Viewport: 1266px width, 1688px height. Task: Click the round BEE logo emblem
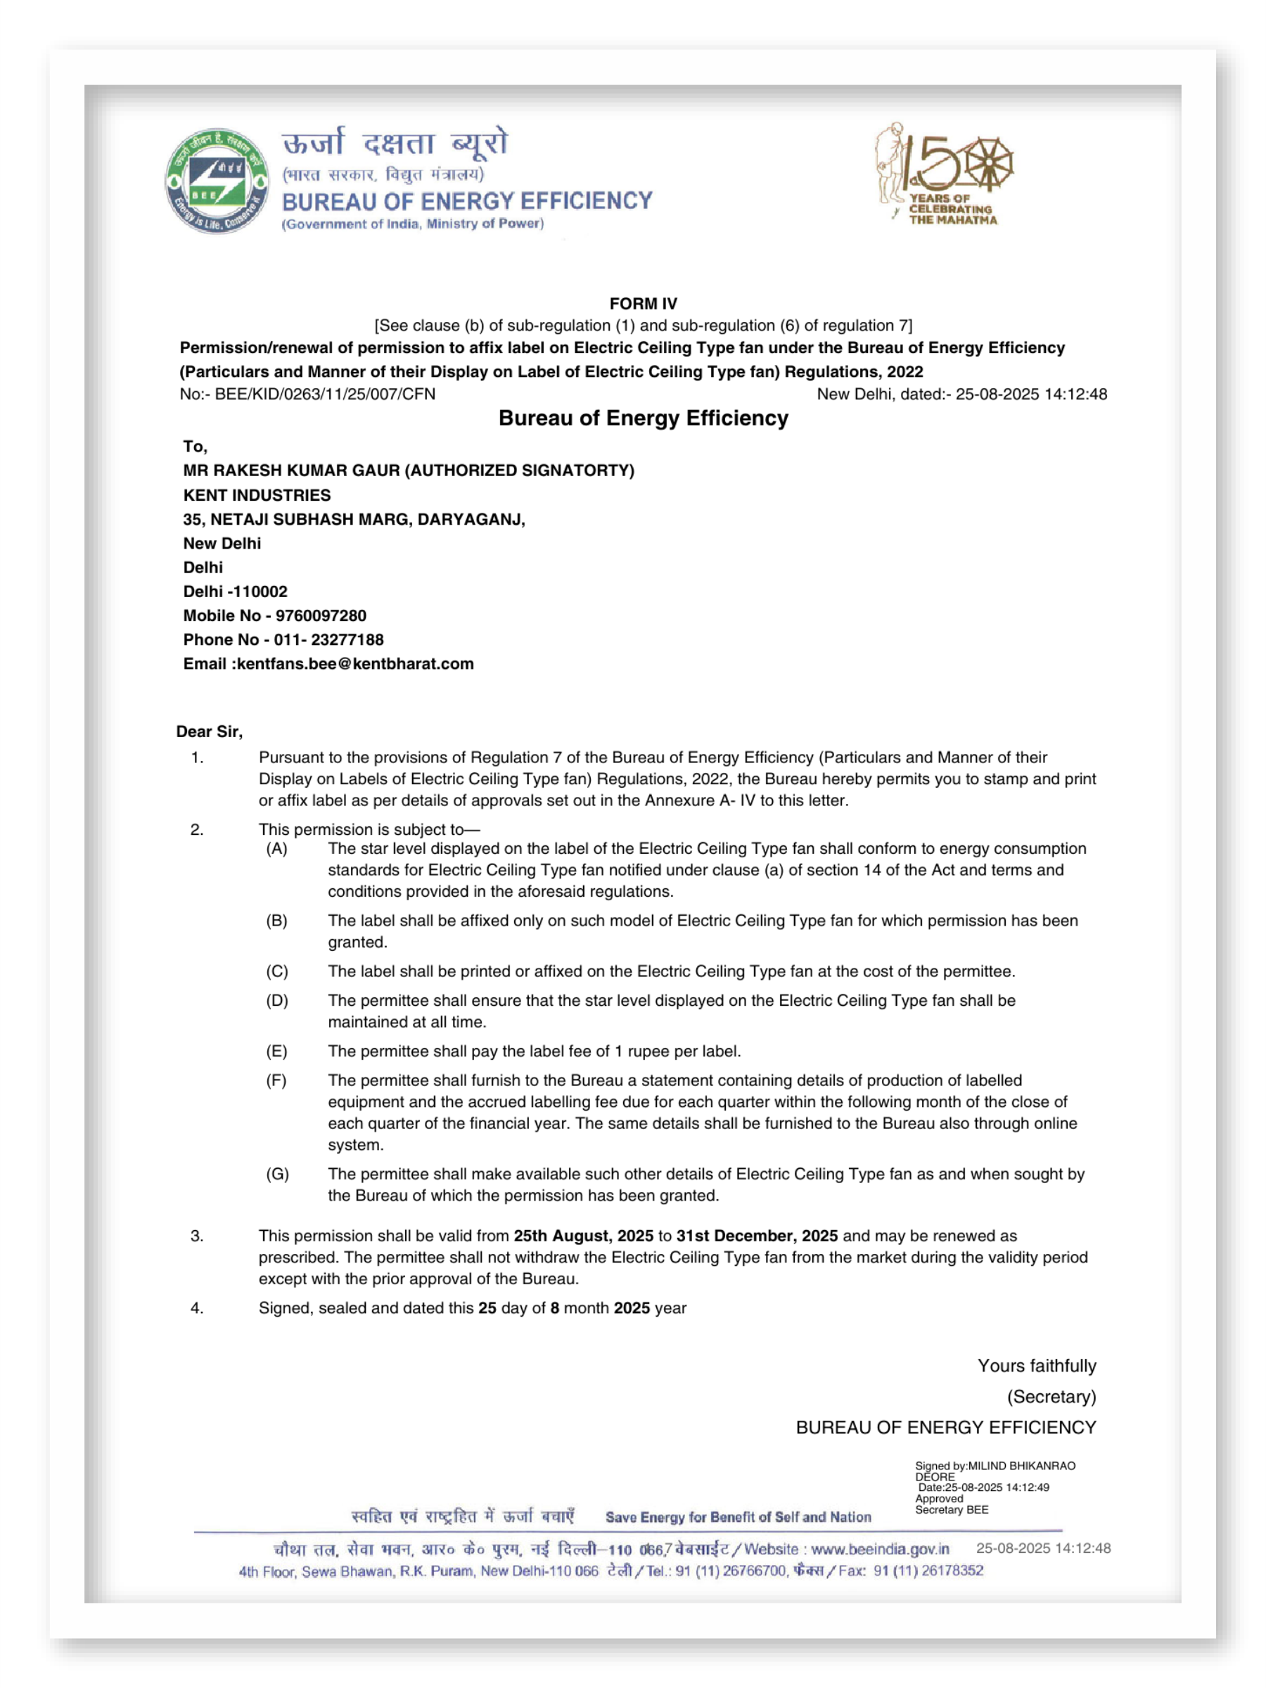point(217,181)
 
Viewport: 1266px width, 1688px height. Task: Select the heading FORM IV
point(643,303)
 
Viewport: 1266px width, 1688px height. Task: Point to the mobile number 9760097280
point(321,615)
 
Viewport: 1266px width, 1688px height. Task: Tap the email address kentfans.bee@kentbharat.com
point(355,663)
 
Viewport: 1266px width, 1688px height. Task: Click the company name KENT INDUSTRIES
point(257,494)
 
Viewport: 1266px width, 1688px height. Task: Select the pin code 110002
point(262,592)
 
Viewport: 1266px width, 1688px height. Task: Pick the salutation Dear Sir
point(209,731)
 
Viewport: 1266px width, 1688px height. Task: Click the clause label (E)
point(276,1051)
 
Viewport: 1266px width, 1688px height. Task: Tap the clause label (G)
point(277,1174)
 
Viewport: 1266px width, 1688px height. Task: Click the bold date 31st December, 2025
point(756,1236)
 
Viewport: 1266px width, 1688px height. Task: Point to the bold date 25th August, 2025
point(583,1236)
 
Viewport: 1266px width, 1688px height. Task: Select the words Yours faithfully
point(1036,1365)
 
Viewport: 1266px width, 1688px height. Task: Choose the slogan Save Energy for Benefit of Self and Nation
point(737,1516)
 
